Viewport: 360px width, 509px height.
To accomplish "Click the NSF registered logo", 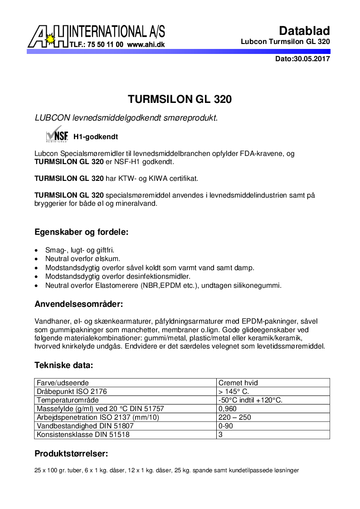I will [57, 136].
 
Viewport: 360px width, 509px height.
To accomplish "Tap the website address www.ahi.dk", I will [146, 45].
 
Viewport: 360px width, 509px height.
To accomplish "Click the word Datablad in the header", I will [304, 31].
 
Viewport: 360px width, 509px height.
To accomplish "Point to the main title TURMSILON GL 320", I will [180, 99].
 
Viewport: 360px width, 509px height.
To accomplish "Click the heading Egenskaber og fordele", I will [82, 232].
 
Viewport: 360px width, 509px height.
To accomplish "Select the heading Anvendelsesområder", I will [79, 303].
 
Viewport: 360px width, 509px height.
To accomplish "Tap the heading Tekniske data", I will [64, 365].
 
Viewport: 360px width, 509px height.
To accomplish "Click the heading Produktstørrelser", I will [71, 454].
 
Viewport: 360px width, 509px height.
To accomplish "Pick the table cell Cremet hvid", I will [238, 383].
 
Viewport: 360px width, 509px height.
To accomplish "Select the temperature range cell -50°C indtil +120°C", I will [250, 400].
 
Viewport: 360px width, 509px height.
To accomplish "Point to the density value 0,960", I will [228, 409].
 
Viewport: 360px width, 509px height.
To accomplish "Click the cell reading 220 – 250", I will [235, 417].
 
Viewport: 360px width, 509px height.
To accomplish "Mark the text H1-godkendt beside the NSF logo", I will [92, 136].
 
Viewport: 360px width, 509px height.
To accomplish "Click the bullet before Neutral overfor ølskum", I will [37, 259].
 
